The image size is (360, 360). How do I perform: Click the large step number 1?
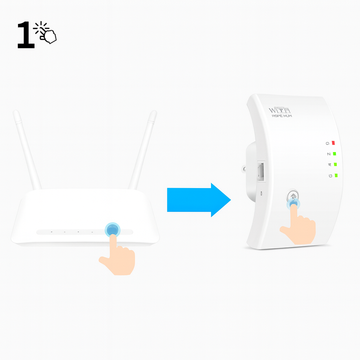pos(26,35)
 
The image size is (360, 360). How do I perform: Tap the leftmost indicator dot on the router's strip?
pos(51,232)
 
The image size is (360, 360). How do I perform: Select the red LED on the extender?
pos(333,143)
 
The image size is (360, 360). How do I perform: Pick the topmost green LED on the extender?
pos(334,154)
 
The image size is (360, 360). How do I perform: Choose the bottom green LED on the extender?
pos(336,175)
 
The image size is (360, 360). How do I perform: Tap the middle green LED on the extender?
pos(335,164)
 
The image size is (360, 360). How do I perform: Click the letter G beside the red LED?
pos(327,143)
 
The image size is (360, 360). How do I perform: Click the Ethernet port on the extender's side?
pos(261,171)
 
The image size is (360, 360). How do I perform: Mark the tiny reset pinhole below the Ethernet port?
pos(261,193)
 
